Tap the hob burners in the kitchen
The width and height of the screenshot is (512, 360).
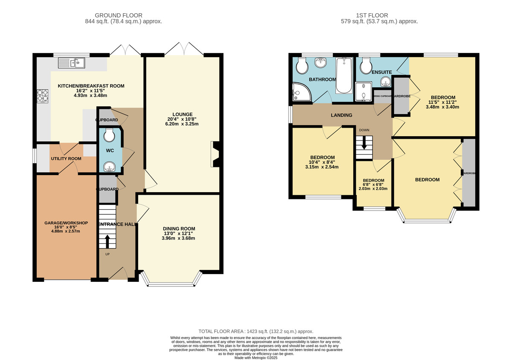coord(43,96)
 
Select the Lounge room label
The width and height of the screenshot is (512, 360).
coord(183,114)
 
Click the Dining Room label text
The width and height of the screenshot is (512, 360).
coord(179,228)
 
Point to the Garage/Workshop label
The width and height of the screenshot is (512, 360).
coord(66,223)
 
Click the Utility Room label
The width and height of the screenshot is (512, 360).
coord(66,158)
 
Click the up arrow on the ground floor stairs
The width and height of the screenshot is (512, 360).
coord(107,241)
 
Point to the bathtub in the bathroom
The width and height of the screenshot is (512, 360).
coord(343,76)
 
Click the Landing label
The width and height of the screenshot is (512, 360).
coord(341,115)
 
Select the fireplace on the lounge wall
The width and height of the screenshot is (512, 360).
coord(215,155)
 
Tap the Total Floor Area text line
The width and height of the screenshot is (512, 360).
coord(256,331)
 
